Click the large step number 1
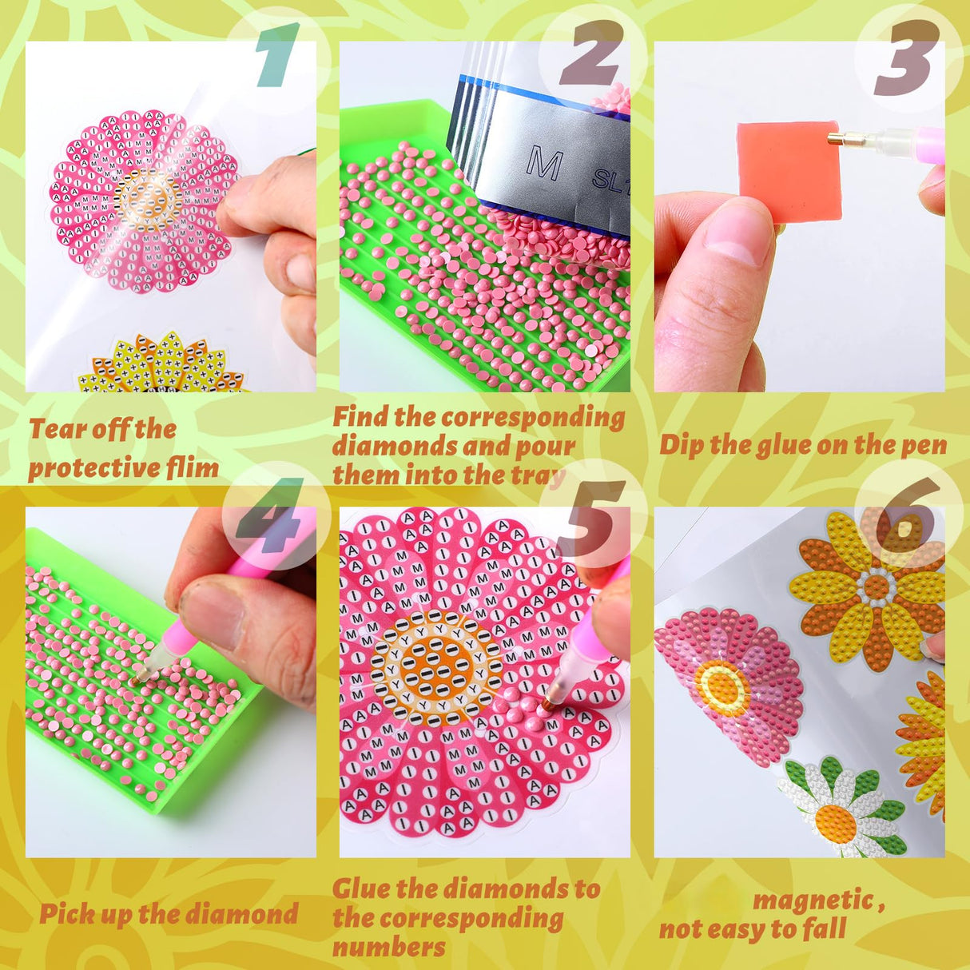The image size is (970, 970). (x=276, y=54)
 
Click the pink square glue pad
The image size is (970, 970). (x=788, y=169)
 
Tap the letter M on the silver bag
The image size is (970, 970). (x=544, y=163)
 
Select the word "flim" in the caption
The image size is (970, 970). (x=193, y=468)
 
